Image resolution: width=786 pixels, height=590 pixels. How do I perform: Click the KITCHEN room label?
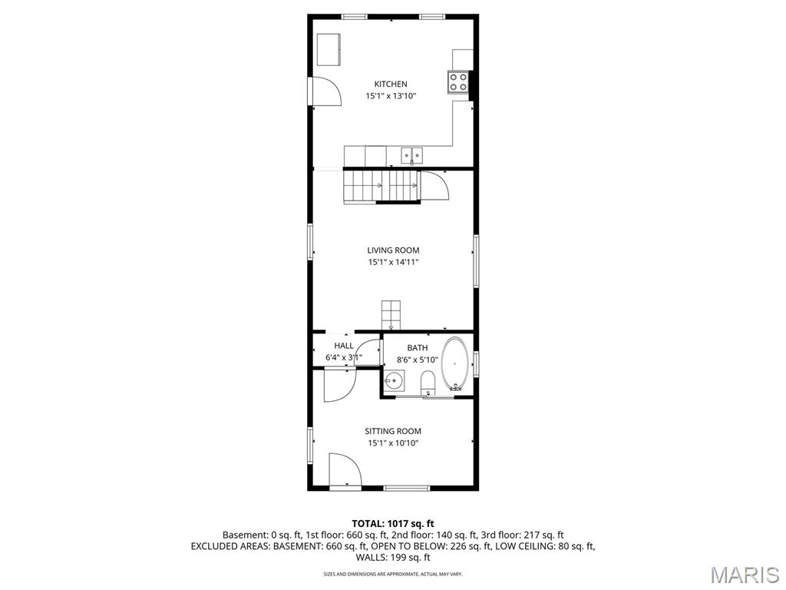click(x=391, y=84)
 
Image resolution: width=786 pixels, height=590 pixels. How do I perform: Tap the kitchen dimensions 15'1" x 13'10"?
click(x=391, y=96)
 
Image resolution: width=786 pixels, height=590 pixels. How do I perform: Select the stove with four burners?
click(x=458, y=81)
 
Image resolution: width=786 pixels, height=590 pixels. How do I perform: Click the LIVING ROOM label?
click(x=393, y=250)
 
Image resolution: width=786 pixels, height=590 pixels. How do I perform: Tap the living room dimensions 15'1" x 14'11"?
click(x=393, y=262)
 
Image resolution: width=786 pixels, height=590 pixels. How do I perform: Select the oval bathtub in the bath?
click(x=454, y=363)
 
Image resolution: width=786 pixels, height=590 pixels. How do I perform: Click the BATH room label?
click(x=418, y=347)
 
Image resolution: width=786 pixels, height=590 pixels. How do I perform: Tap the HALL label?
click(x=344, y=346)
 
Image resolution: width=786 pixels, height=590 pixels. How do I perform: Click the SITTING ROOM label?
click(x=393, y=431)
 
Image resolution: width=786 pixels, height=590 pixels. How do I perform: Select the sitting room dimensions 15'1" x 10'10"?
click(x=393, y=443)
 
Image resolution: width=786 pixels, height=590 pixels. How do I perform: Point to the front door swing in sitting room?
click(x=343, y=470)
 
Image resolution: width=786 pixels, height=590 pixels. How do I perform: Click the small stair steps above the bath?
click(x=391, y=313)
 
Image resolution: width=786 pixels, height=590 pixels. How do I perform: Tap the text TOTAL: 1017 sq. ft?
click(x=393, y=523)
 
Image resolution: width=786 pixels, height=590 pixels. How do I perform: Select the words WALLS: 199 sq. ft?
click(x=393, y=558)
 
